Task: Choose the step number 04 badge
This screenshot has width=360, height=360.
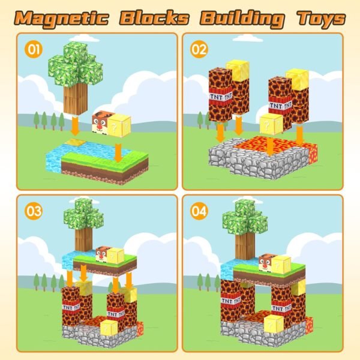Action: click(x=200, y=211)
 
